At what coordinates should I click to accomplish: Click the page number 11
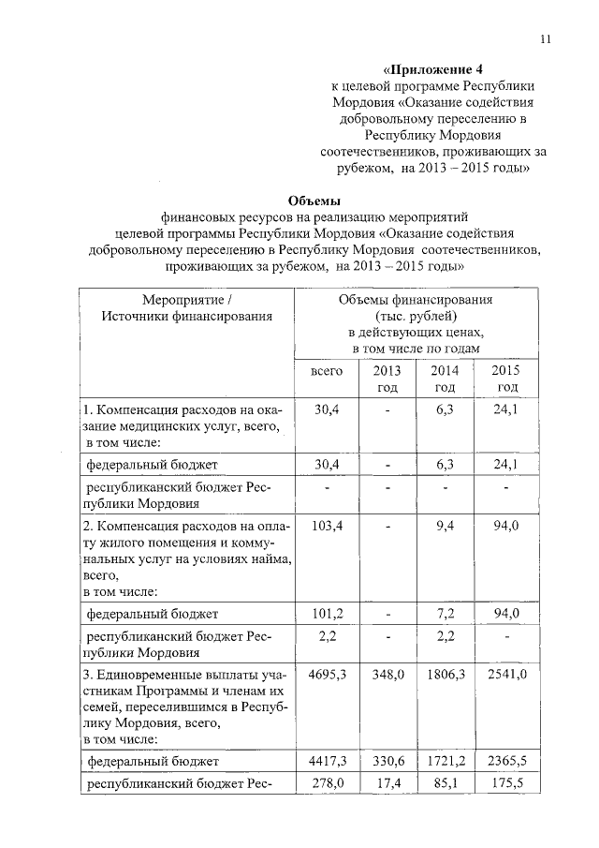click(546, 38)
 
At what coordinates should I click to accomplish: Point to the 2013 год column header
click(387, 379)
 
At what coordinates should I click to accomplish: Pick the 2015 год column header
click(505, 379)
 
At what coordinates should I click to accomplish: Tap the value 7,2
click(446, 614)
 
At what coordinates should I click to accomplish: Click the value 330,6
click(387, 760)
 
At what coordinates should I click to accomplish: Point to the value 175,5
click(507, 783)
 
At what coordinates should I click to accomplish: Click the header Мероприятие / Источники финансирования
click(186, 307)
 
